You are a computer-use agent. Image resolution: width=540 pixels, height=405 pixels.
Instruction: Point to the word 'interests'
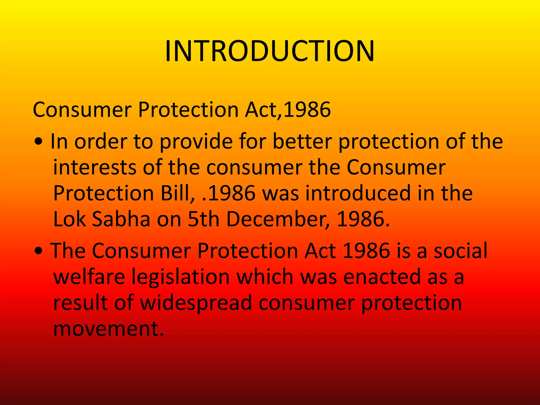(95, 168)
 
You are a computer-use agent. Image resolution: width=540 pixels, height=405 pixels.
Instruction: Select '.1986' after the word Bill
(228, 193)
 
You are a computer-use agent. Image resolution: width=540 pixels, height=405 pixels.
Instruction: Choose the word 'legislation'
(180, 277)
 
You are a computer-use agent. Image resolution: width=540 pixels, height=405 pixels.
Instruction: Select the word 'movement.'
(108, 329)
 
